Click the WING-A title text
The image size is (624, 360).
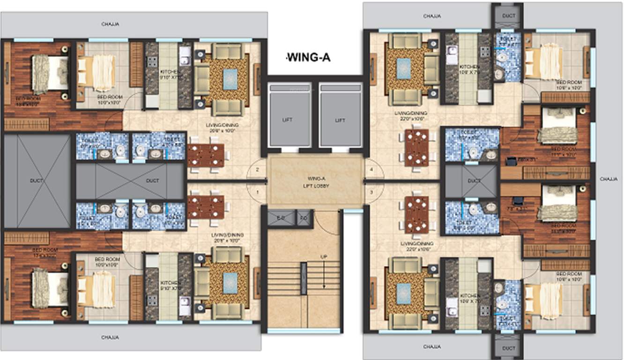[309, 58]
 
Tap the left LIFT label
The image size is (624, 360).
[288, 120]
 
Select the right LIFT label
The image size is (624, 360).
[340, 120]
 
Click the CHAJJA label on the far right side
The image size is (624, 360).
[609, 179]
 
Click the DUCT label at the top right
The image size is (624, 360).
[508, 15]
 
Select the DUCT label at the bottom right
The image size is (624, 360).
[508, 348]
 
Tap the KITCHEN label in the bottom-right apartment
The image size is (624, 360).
[469, 296]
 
